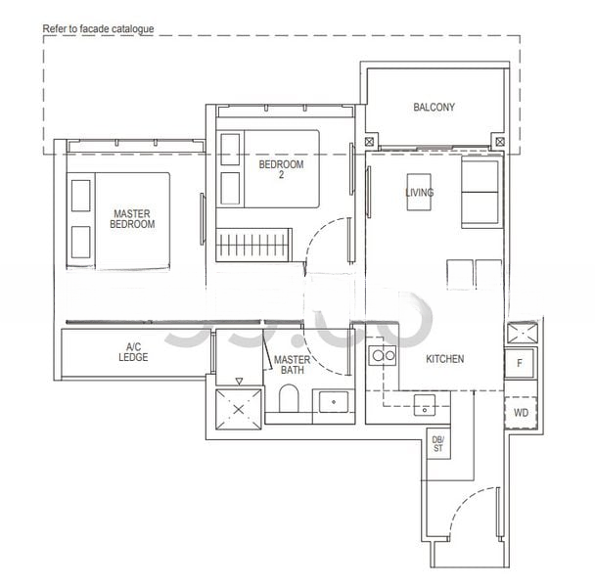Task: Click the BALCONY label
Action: pyautogui.click(x=434, y=108)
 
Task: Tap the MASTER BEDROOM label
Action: pyautogui.click(x=133, y=218)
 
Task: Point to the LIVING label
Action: pyautogui.click(x=420, y=193)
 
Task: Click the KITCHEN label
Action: pyautogui.click(x=445, y=359)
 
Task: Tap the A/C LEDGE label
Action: pyautogui.click(x=135, y=352)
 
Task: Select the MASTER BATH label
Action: pyautogui.click(x=292, y=365)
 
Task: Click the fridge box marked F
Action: pyautogui.click(x=520, y=362)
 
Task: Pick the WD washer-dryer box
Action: pyautogui.click(x=521, y=413)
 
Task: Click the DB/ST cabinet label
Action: pyautogui.click(x=437, y=444)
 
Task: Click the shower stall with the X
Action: pyautogui.click(x=237, y=404)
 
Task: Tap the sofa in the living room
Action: pyautogui.click(x=481, y=193)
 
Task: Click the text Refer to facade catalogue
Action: pyautogui.click(x=99, y=30)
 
